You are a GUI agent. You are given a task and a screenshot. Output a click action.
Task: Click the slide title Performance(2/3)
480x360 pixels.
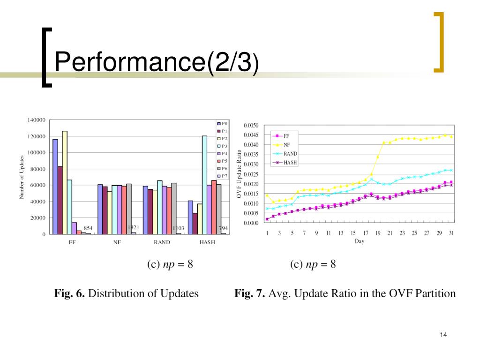point(156,63)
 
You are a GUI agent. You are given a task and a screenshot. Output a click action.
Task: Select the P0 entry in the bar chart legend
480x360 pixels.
point(223,124)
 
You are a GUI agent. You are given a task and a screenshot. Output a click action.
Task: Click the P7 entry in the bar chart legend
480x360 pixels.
point(223,176)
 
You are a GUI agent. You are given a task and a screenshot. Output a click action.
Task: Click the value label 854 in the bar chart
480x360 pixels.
point(88,228)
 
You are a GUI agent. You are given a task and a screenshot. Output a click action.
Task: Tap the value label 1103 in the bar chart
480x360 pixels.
point(178,228)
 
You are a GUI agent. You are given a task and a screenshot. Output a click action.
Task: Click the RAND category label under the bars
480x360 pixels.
point(162,242)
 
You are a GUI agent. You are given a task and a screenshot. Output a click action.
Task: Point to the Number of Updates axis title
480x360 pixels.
point(22,178)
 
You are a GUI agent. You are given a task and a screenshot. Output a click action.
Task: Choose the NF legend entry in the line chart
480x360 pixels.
point(286,145)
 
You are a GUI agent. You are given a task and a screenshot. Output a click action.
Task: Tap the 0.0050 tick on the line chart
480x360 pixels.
point(251,125)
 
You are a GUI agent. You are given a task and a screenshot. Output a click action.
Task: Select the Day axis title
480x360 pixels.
point(360,242)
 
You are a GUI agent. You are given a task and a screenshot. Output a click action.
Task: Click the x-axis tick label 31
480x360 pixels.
point(451,233)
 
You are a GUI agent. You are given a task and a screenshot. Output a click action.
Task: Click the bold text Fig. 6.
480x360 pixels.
point(70,294)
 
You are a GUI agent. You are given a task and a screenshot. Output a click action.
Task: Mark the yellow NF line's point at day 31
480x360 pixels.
point(451,136)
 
